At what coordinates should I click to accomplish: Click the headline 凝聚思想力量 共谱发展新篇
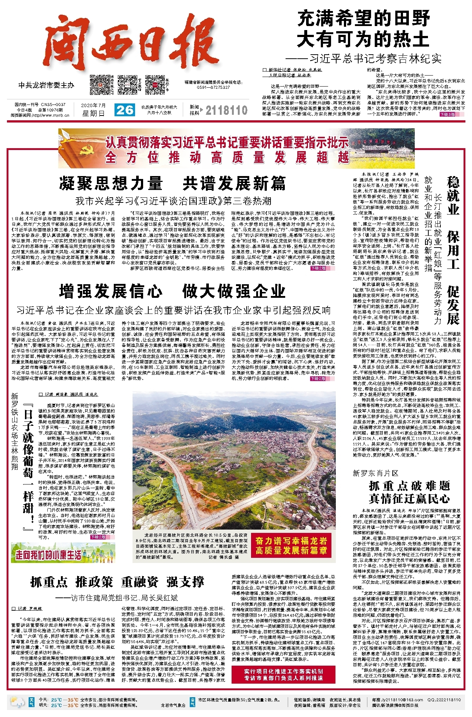point(173,183)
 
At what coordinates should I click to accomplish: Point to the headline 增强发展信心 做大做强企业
point(173,291)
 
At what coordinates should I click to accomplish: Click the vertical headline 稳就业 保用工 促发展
point(453,249)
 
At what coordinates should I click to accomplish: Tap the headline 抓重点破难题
point(409,486)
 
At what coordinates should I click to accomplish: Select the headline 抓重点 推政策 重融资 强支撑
point(117,582)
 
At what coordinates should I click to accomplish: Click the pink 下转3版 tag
point(448,114)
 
